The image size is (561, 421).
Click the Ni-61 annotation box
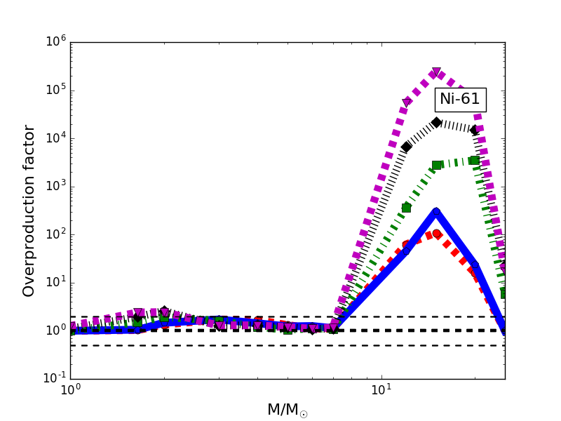pos(459,99)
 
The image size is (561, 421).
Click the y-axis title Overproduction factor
pos(29,210)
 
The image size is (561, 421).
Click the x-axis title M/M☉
pos(287,410)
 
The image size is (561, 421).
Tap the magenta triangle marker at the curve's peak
pos(436,72)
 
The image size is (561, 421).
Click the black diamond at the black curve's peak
pos(436,122)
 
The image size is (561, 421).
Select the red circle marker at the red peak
pos(436,234)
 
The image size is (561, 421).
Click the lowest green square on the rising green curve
pos(406,208)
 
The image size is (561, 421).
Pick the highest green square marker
pos(474,160)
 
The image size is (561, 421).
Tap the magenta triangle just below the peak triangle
pos(406,102)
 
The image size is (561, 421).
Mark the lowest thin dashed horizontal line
pos(280,345)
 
